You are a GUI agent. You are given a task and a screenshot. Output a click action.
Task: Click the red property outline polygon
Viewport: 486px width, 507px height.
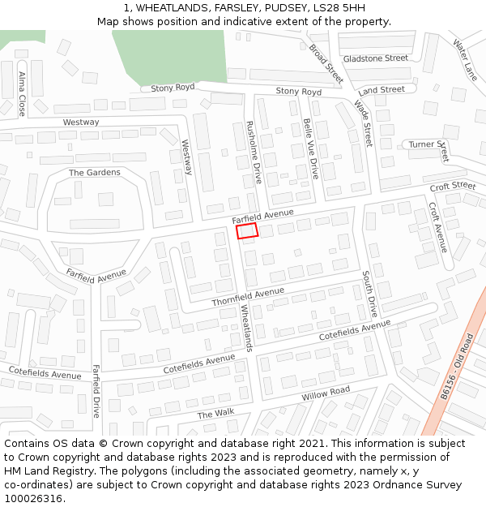point(247,231)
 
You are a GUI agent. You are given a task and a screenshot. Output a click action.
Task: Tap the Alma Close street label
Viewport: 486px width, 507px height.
point(21,93)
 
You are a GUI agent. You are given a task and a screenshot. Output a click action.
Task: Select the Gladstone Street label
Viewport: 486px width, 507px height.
point(375,58)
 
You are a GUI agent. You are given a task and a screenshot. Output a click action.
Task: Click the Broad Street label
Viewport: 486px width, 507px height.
point(326,63)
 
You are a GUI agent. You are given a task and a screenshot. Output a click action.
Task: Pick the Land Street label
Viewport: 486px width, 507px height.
point(381,90)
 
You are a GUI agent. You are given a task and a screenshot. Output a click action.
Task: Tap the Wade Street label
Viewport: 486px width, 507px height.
point(361,122)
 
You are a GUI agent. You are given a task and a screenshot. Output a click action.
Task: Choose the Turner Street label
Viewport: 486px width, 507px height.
point(428,144)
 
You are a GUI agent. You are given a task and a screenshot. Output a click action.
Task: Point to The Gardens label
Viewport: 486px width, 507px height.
point(94,173)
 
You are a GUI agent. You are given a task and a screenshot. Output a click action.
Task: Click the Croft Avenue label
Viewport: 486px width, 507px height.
point(437,226)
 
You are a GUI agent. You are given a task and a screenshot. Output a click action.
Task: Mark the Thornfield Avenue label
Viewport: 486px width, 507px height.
point(248,297)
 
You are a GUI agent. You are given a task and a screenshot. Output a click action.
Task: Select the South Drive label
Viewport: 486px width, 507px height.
point(369,294)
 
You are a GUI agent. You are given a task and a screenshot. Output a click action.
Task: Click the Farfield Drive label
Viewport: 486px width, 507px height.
point(96,390)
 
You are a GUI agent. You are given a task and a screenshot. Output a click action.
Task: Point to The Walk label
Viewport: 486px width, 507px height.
point(215,414)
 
